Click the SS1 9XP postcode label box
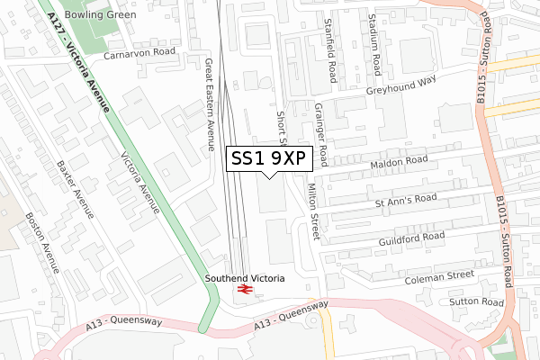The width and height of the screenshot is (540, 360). (x=270, y=157)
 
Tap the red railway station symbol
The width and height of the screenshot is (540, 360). (x=244, y=290)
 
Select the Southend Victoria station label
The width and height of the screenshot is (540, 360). (x=244, y=278)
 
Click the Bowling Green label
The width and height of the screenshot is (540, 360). (x=107, y=15)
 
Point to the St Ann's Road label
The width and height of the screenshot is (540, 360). (x=405, y=199)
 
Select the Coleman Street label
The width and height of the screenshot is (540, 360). (x=439, y=274)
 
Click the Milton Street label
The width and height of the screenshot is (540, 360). (x=312, y=213)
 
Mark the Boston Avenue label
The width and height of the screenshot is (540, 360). (x=42, y=245)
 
